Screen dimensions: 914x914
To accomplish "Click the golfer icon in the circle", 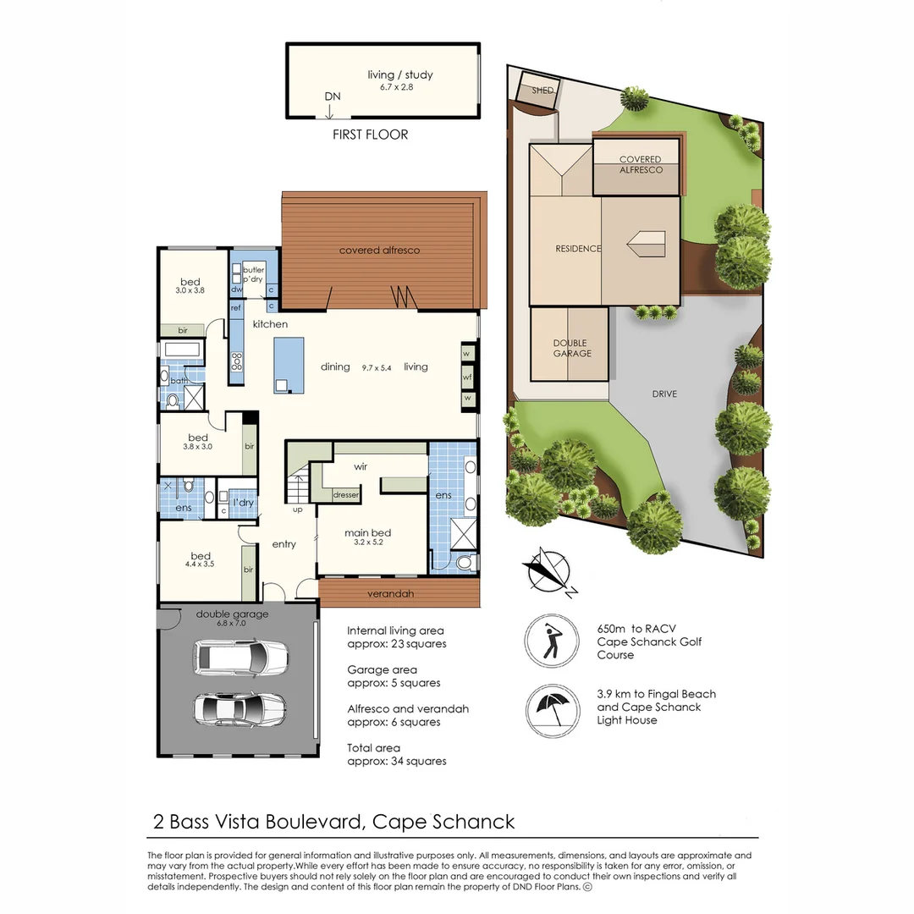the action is point(551,641).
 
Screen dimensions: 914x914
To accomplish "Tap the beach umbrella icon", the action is point(552,711).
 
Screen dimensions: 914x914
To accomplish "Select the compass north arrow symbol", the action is point(548,572).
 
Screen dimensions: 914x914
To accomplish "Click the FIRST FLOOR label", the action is point(370,135).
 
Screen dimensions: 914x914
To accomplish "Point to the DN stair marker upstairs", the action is point(333,96).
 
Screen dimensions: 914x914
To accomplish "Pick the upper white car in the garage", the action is point(240,657).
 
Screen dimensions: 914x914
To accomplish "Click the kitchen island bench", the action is point(289,366).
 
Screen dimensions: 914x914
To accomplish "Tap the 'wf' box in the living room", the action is point(467,377).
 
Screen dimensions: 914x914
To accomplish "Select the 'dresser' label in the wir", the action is point(345,495).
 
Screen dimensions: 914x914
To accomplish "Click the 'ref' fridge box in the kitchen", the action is point(235,308).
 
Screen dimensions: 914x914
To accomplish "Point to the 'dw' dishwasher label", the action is point(236,289).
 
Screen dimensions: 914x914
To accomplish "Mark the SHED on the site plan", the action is point(541,91).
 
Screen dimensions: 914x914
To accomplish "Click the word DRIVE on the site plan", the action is point(664,394).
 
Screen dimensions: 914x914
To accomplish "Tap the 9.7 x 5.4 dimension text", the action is point(377,368).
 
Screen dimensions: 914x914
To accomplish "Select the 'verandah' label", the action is point(390,593).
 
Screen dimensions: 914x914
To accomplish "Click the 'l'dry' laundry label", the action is point(243,503).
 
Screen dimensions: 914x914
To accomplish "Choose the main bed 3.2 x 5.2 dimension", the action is point(368,542).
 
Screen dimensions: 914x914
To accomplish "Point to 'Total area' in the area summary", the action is point(374,748).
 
